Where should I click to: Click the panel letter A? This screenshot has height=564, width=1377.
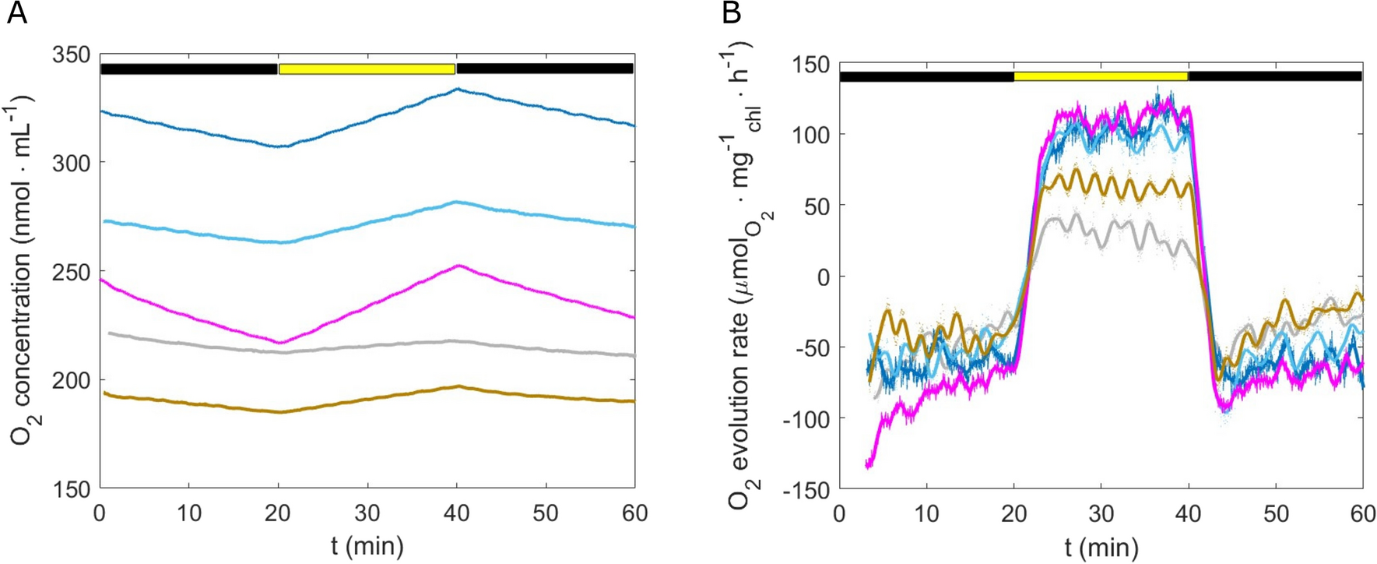click(16, 13)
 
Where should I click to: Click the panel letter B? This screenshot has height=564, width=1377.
click(731, 13)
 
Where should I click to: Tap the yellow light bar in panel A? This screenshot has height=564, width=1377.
click(367, 69)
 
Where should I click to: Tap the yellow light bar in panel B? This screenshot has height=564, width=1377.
click(1101, 76)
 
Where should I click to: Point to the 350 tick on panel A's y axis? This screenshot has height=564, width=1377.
click(72, 55)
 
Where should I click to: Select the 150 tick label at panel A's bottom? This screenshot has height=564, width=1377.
click(72, 489)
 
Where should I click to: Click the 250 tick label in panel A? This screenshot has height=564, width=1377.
click(72, 272)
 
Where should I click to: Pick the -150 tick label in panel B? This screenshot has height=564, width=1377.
click(806, 490)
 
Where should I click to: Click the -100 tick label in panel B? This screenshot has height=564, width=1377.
click(806, 419)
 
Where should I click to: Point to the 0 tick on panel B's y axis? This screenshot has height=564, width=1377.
click(823, 277)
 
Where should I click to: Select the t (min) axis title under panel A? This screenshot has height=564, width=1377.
click(367, 545)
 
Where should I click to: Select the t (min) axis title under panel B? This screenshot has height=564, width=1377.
click(1101, 547)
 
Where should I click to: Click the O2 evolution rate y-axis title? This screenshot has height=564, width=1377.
click(743, 277)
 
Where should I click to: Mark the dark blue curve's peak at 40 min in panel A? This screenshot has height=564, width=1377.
click(458, 90)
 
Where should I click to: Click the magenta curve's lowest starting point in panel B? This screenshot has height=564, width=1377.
click(868, 466)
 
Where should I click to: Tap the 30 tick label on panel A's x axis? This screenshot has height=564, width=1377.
click(367, 513)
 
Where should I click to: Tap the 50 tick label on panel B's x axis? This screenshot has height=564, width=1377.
click(1275, 514)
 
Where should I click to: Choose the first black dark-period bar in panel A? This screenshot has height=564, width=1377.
click(189, 69)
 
